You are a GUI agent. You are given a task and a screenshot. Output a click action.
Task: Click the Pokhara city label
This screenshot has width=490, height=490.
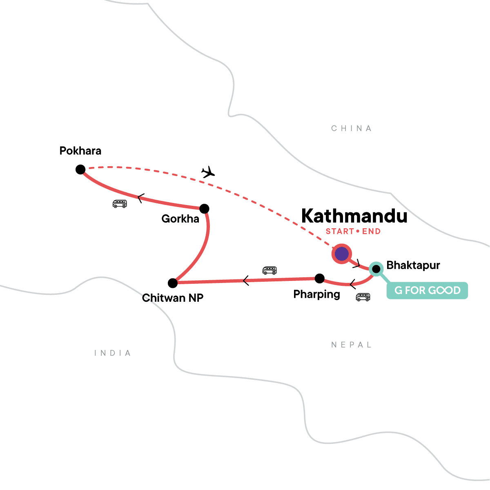[80, 151]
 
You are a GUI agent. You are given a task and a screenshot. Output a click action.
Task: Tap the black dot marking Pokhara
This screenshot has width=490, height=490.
[80, 169]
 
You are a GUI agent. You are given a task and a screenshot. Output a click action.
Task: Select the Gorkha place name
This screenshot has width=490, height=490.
[180, 219]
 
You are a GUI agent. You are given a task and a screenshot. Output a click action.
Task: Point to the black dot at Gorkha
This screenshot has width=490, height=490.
[204, 209]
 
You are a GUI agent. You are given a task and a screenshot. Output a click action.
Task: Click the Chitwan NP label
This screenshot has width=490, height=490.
[173, 298]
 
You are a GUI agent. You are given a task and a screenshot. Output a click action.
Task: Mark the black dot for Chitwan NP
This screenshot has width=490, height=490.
[173, 283]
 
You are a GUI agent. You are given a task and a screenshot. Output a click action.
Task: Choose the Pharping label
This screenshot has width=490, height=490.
[316, 294]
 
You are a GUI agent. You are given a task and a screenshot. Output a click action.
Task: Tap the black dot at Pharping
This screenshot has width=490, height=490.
[320, 278]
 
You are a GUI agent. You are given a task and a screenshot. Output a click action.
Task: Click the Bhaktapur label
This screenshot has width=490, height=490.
[413, 265]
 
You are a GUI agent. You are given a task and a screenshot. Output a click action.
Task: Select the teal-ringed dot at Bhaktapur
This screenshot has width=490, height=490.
[376, 269]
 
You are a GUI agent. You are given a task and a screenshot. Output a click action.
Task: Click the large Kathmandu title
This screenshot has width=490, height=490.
[354, 216]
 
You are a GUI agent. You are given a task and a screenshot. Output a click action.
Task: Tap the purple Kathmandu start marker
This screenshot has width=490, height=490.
[341, 254]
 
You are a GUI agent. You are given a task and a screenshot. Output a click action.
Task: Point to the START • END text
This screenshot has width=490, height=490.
[353, 232]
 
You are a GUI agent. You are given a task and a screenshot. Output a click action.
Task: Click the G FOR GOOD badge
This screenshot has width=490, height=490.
[427, 290]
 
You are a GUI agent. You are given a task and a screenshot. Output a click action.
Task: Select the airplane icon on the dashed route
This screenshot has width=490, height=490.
[208, 172]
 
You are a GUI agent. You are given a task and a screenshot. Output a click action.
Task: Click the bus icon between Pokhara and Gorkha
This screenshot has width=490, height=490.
[120, 204]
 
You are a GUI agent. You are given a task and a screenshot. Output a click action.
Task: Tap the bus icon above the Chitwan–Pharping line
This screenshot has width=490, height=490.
[269, 270]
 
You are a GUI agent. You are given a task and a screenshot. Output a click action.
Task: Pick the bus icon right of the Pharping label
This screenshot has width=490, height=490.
[363, 297]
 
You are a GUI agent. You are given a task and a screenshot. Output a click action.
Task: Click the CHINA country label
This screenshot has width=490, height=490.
[351, 129]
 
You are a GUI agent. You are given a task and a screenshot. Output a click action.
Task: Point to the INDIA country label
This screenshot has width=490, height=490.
[113, 353]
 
